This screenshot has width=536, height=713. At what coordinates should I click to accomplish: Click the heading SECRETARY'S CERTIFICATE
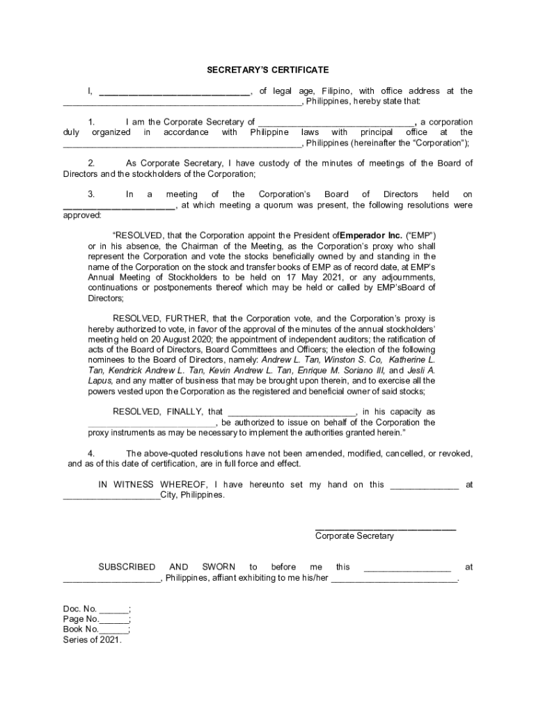[267, 70]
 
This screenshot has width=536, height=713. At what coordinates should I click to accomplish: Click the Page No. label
[81, 619]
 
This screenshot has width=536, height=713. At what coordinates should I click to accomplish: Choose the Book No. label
[81, 629]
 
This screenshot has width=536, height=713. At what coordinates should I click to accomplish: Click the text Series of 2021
[92, 640]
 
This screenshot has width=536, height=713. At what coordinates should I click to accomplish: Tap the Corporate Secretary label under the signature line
[354, 535]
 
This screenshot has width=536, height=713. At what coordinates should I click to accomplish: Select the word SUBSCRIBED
[127, 567]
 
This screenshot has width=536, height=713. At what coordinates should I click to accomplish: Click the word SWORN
[218, 567]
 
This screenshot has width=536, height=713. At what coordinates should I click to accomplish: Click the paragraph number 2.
[91, 163]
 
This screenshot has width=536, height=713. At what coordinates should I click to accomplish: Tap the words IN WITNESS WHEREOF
[155, 485]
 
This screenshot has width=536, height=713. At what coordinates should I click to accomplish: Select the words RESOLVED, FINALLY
[168, 412]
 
